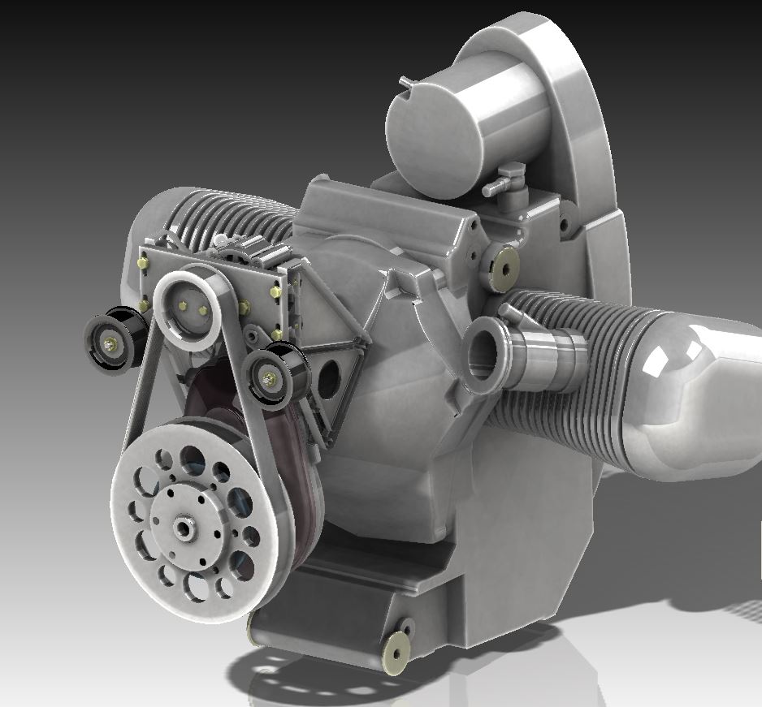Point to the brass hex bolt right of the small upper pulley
(244, 306)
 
